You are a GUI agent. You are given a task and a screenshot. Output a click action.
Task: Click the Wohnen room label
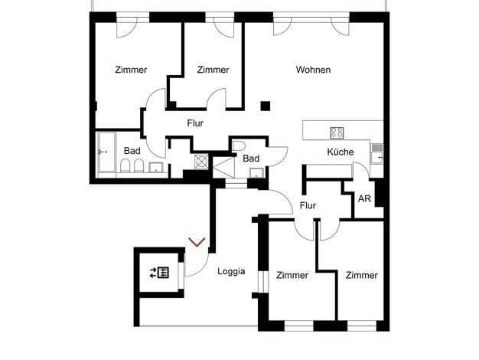click(x=313, y=70)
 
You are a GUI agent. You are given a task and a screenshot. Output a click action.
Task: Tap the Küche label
click(x=341, y=152)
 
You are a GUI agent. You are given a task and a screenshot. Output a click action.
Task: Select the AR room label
click(x=364, y=199)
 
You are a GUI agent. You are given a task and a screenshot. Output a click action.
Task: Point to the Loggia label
click(x=231, y=271)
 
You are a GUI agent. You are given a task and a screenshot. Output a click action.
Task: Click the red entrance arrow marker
click(x=197, y=242)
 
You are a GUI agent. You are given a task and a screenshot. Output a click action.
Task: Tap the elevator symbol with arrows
click(x=159, y=273)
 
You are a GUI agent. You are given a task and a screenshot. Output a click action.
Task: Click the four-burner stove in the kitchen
click(x=337, y=133)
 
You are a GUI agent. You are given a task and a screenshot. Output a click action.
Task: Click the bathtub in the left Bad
click(x=107, y=152)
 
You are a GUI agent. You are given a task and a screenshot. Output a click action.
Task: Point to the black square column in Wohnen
click(x=266, y=106)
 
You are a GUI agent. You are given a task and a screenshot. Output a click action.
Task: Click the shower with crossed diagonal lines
click(x=223, y=167)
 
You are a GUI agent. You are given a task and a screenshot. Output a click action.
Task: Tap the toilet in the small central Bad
click(x=238, y=146)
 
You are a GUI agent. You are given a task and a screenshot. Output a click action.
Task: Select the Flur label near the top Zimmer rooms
click(x=195, y=123)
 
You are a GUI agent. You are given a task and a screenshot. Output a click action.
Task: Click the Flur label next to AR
click(x=308, y=205)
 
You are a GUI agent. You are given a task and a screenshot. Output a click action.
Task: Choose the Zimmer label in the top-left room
click(x=131, y=70)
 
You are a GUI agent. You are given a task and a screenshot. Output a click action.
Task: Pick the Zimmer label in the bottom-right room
click(x=362, y=275)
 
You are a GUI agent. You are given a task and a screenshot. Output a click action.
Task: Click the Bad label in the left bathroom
click(x=132, y=151)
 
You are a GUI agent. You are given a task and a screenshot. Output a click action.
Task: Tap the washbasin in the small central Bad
click(x=256, y=173)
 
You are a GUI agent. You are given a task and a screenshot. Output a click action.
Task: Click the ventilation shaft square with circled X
click(x=201, y=162)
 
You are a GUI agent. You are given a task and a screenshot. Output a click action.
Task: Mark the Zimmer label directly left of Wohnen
click(x=213, y=70)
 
